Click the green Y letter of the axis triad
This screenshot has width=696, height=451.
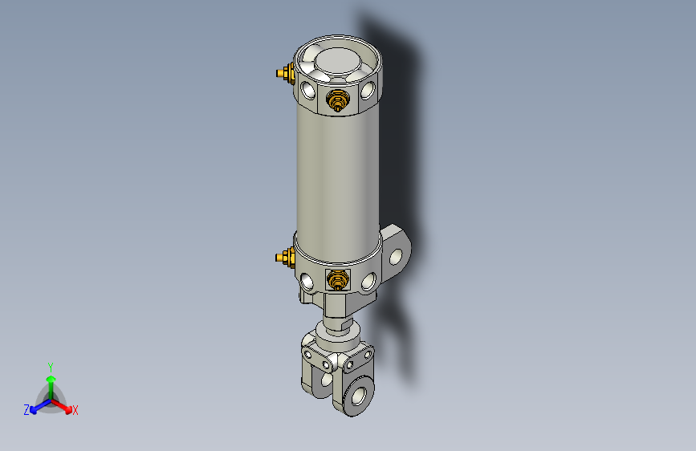[x=50, y=364]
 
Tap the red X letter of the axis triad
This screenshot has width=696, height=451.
[x=75, y=411]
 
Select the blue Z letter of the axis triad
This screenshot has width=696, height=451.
[x=26, y=410]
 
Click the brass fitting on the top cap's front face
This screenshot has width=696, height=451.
[x=337, y=101]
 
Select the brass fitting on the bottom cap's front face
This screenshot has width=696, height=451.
[x=337, y=280]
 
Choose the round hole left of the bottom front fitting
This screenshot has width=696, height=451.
[x=308, y=282]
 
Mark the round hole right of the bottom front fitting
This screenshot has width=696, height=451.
[x=368, y=281]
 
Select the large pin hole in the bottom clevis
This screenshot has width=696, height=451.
[x=357, y=396]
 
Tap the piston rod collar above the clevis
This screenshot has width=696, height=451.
[x=338, y=329]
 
